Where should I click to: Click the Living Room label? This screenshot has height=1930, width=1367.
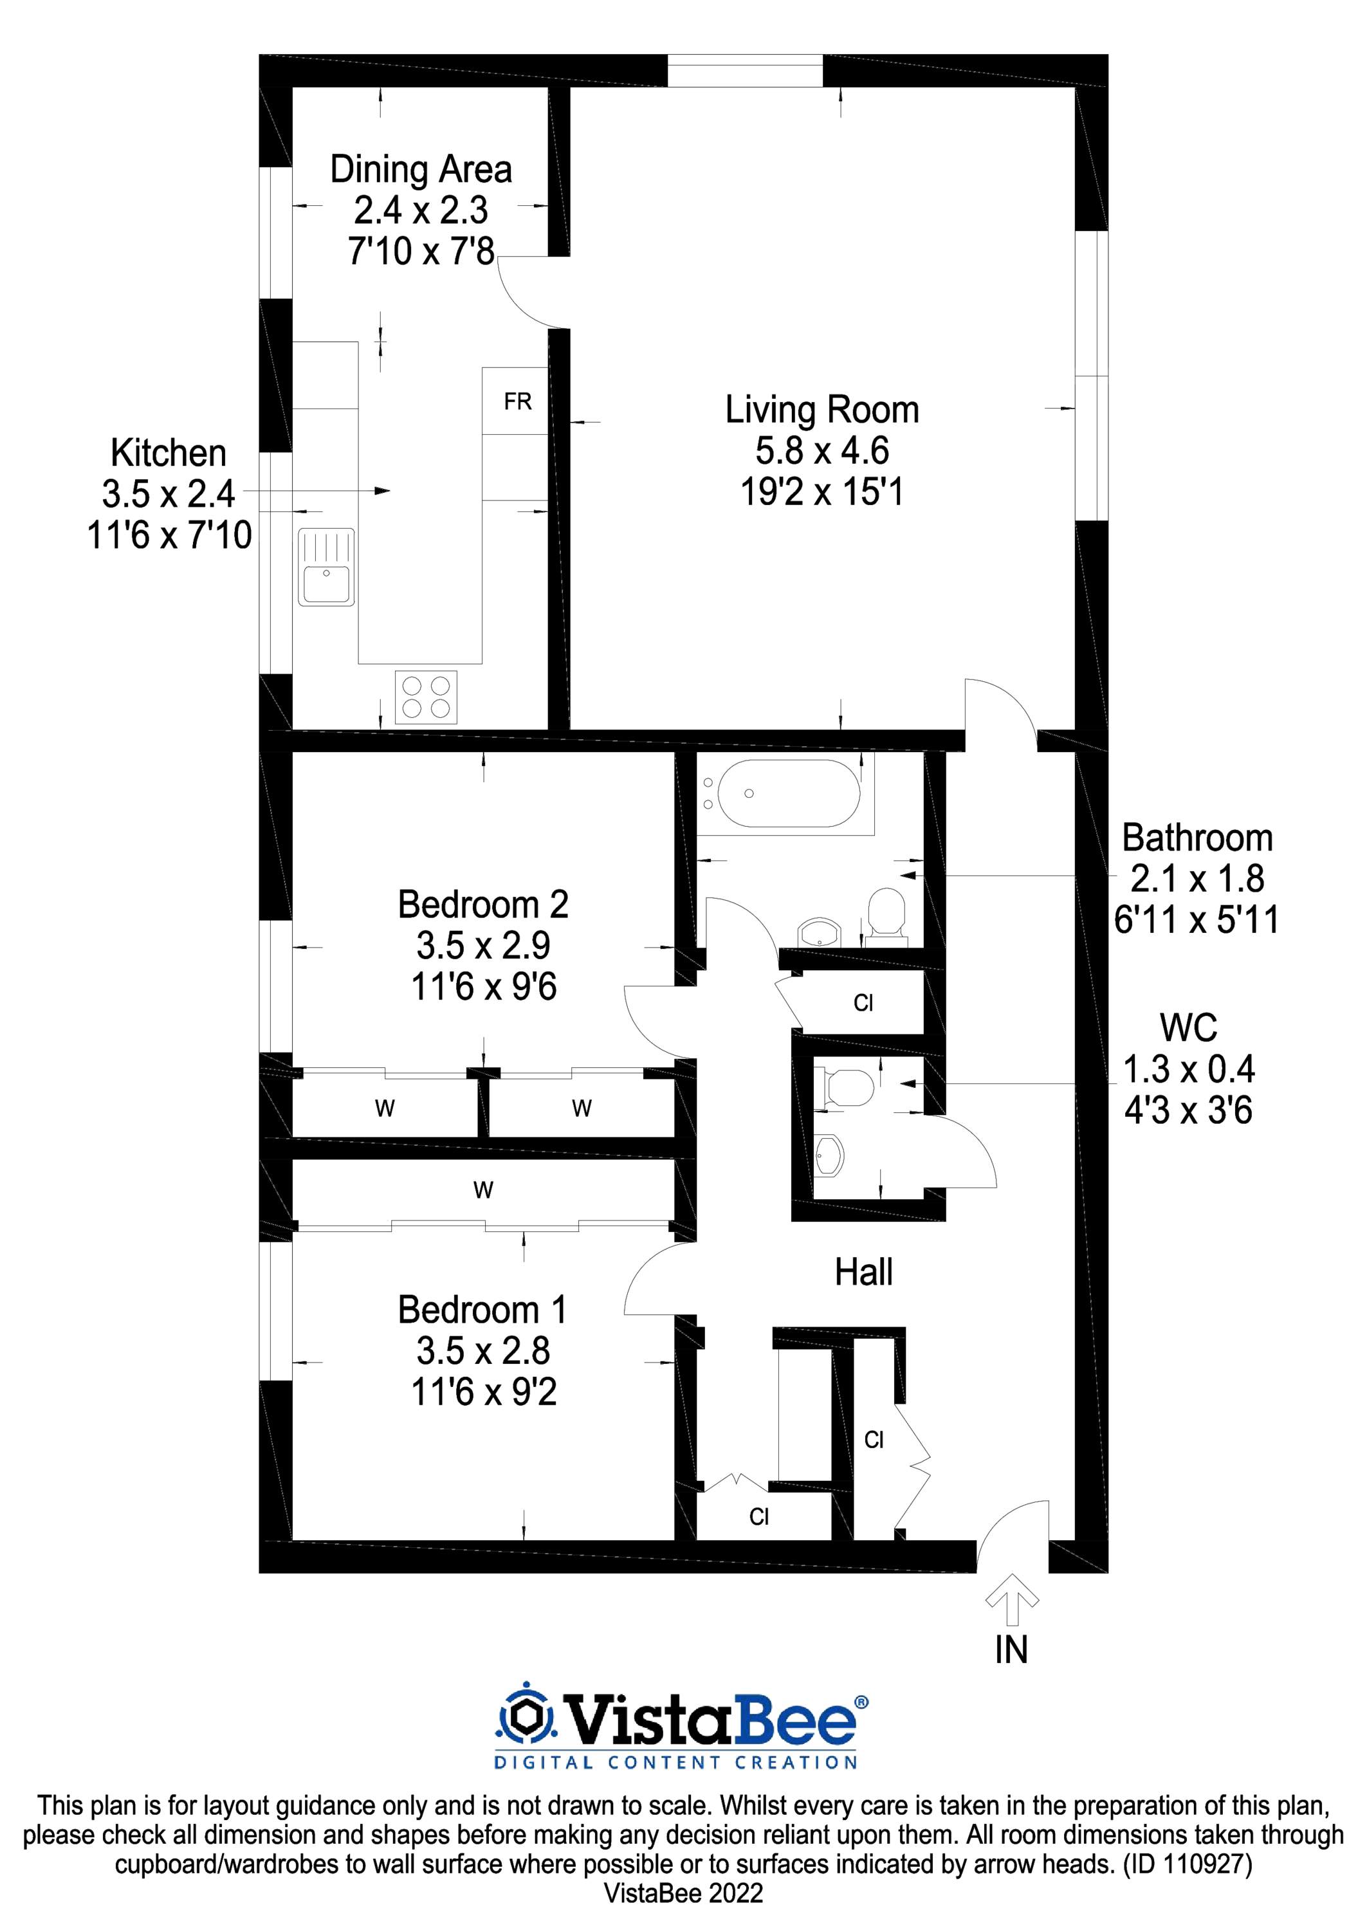(x=821, y=410)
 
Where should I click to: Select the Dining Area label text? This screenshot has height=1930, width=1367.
(x=421, y=169)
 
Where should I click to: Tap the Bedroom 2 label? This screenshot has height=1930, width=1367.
(x=483, y=905)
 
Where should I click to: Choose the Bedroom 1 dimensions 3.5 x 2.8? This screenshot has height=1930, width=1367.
(x=483, y=1351)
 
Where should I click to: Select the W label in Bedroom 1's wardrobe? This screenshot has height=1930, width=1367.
(x=482, y=1190)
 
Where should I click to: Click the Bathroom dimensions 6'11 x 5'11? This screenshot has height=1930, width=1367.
(x=1196, y=919)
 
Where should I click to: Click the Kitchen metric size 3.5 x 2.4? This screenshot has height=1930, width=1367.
(x=169, y=494)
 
